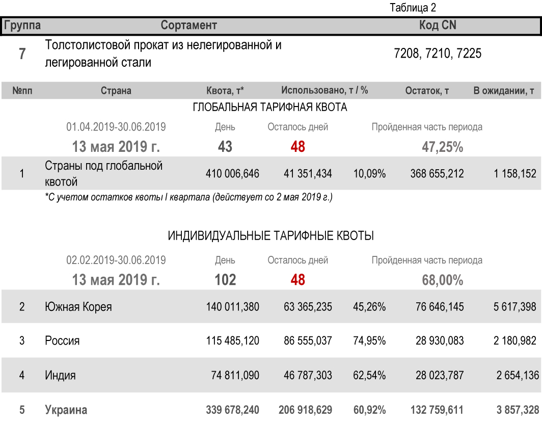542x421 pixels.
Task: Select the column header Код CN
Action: tap(438, 25)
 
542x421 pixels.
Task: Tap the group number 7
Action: tap(22, 54)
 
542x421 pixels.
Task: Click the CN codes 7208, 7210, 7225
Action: tap(438, 54)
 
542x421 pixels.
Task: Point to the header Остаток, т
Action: tap(427, 91)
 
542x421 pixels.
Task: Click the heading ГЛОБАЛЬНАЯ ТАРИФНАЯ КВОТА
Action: tap(270, 108)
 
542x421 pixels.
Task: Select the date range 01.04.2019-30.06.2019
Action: tap(116, 127)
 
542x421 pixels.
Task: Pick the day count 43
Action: tap(225, 147)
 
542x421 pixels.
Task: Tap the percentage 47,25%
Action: tap(442, 147)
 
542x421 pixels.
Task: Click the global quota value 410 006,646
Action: tap(232, 174)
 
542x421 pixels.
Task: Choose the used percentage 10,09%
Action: tap(369, 174)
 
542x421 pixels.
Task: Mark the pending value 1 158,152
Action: tap(514, 174)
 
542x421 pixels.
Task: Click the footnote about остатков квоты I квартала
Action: tap(188, 197)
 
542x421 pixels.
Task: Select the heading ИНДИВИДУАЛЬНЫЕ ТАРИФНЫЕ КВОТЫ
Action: tap(270, 236)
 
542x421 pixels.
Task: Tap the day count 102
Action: tap(225, 280)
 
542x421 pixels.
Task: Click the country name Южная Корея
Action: tap(78, 307)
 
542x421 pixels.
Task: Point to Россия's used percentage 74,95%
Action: tap(369, 340)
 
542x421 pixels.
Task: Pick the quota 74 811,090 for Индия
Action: tap(235, 376)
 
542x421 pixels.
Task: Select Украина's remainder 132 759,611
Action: tap(437, 410)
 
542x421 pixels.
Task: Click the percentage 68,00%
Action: tap(442, 280)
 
